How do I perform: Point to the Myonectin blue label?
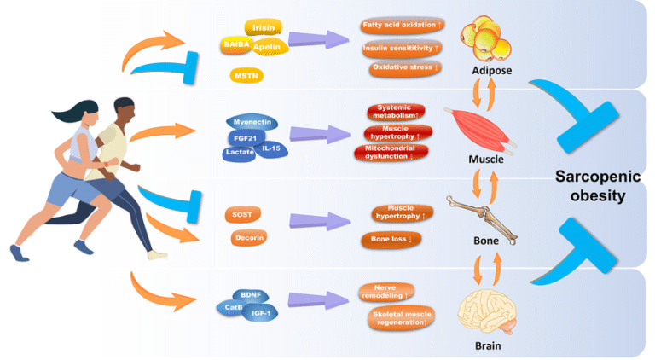[x=252, y=123]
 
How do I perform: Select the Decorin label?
[x=248, y=236]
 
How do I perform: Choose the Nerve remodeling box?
[x=387, y=293]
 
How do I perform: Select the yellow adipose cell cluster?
[x=484, y=39]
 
